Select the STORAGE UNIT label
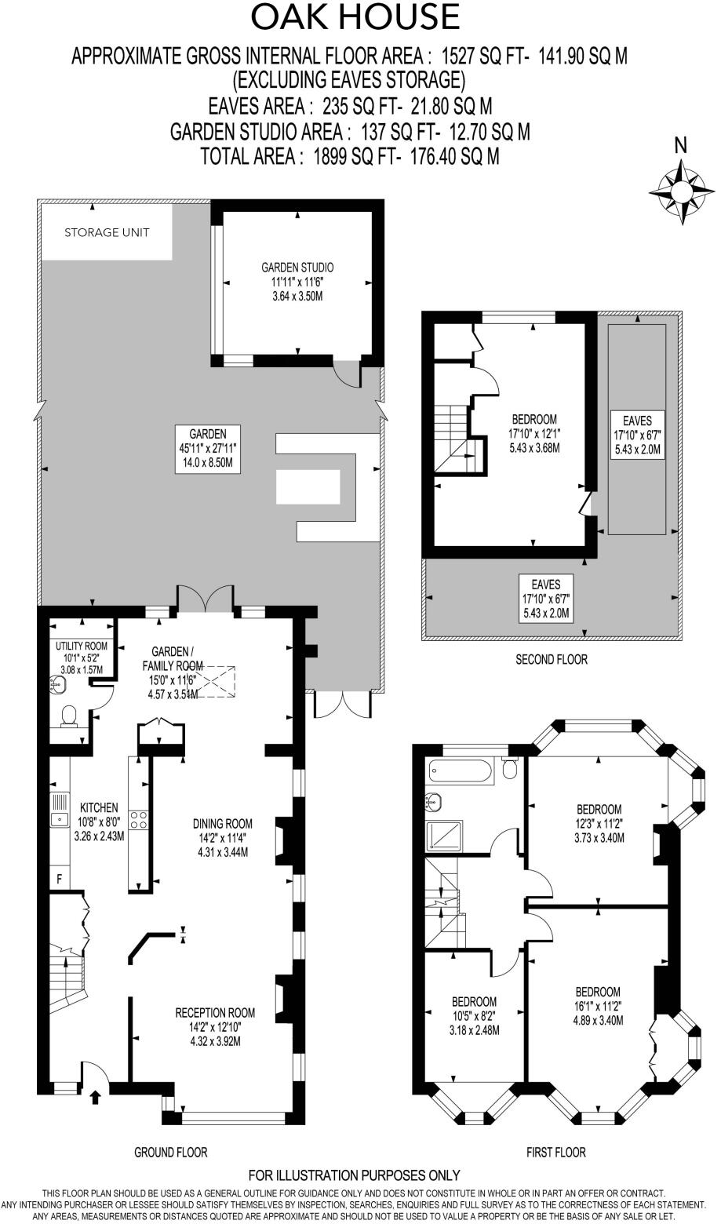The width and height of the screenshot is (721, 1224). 107,232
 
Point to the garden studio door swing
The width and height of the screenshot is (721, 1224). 346,373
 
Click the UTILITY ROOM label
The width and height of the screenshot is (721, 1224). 81,646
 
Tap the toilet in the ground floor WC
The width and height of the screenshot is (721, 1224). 69,715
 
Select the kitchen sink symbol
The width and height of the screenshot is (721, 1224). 60,819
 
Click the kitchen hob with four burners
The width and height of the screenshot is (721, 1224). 139,820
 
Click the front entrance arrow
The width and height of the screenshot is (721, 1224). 96,1096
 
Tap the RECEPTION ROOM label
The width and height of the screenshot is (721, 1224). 215,1012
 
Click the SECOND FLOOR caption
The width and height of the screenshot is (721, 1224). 551,659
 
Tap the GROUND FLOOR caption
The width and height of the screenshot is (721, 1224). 171,1152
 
